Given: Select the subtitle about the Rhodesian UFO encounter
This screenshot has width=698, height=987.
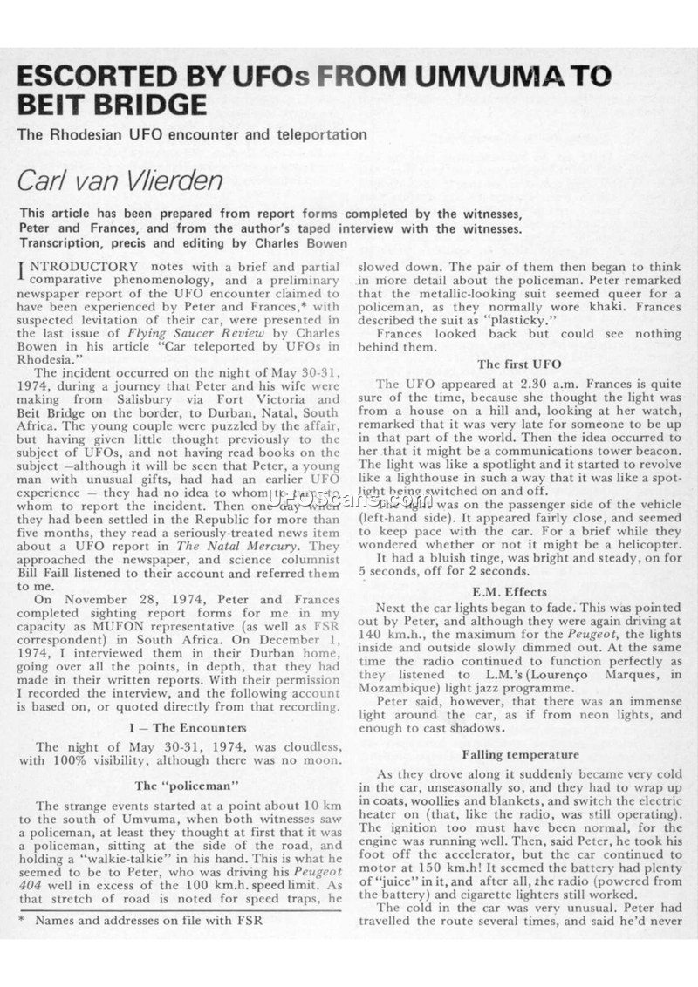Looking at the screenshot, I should coord(193,134).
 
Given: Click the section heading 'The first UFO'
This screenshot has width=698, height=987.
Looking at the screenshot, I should coord(519,364).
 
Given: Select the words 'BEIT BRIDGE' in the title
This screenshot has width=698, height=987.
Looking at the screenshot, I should coord(113,105).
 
